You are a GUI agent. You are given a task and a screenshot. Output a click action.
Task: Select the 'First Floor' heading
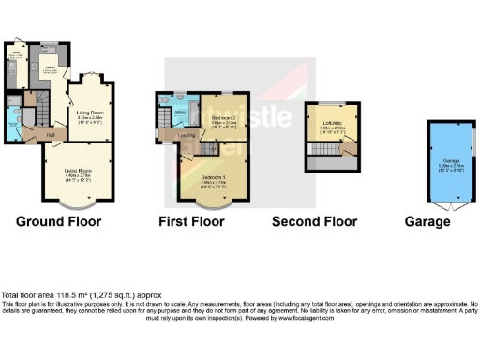tap(191, 222)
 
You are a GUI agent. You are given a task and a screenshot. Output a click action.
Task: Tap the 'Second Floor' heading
tap(314, 222)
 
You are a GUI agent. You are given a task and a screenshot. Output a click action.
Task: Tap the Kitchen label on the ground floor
tap(50, 67)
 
